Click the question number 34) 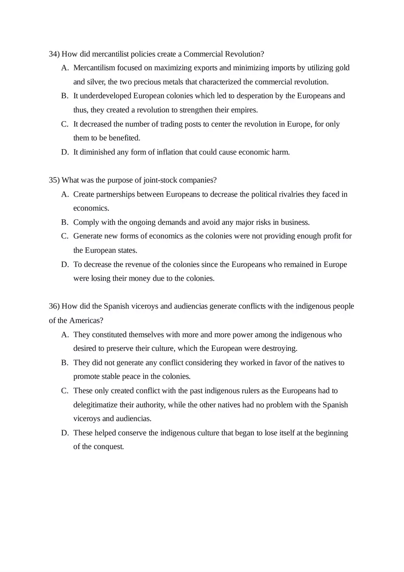(54, 54)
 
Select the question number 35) (54, 180)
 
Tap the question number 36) (54, 306)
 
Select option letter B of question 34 (65, 96)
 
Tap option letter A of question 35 (65, 194)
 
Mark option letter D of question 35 (65, 264)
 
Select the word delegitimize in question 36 (94, 405)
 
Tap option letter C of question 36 (65, 391)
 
